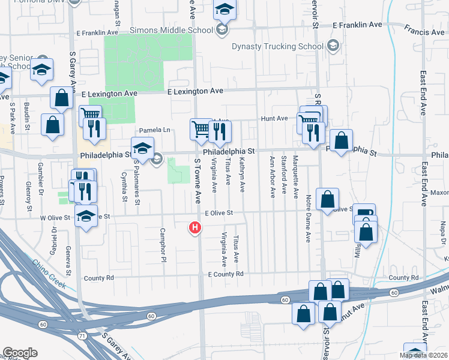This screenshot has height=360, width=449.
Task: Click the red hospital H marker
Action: pyautogui.click(x=195, y=227)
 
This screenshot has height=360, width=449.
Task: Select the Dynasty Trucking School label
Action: pyautogui.click(x=279, y=46)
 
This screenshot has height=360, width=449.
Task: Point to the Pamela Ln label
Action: pyautogui.click(x=155, y=130)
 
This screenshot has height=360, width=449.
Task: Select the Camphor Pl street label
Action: pyautogui.click(x=163, y=245)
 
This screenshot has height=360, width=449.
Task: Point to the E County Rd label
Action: pyautogui.click(x=225, y=274)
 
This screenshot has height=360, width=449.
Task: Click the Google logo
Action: pyautogui.click(x=20, y=353)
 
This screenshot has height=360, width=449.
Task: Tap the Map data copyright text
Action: pyautogui.click(x=423, y=355)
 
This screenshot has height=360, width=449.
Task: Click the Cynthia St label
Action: pyautogui.click(x=124, y=187)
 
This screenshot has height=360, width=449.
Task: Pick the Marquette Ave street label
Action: pyautogui.click(x=295, y=177)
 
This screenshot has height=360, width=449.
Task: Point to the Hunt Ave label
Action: pyautogui.click(x=274, y=119)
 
